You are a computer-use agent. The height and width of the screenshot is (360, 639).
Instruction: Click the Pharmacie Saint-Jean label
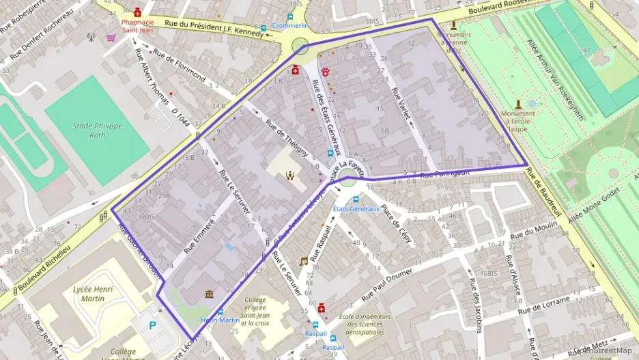pos(138,26)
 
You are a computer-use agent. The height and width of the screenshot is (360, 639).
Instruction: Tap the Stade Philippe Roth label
pos(97,130)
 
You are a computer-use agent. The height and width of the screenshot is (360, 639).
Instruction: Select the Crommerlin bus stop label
pos(290,25)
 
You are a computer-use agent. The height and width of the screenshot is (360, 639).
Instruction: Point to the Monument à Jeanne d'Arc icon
pos(453,25)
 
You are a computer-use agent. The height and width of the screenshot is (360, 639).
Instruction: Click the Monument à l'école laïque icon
pos(518,104)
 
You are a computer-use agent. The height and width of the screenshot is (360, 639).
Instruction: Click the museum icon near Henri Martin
pos(209,294)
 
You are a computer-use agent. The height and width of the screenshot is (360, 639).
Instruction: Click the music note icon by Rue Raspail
pos(304,262)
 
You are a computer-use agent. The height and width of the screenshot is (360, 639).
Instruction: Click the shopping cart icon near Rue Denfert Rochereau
pos(110,38)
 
